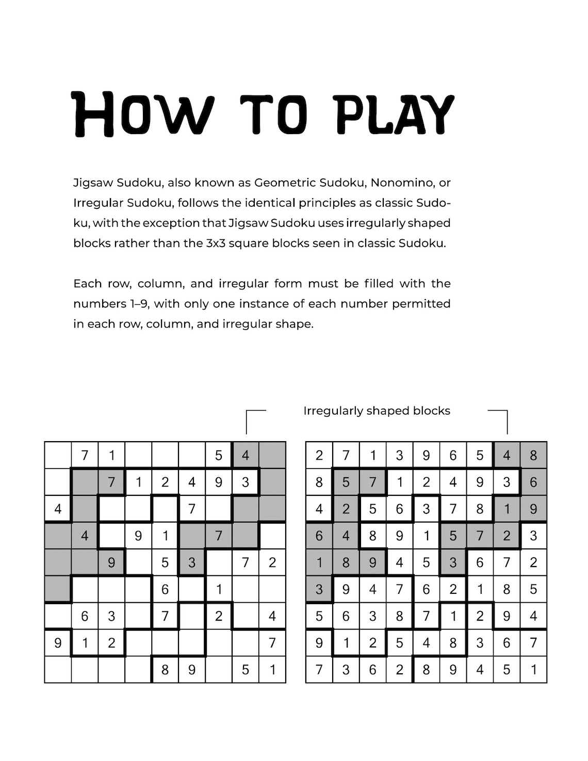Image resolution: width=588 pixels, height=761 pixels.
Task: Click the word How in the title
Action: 142,115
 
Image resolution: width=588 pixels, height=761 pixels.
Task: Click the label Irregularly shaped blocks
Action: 377,411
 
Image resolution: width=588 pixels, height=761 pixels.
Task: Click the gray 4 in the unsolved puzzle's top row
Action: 246,455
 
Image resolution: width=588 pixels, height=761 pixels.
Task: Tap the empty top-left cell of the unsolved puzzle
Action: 58,455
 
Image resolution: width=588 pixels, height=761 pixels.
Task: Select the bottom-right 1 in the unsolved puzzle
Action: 272,670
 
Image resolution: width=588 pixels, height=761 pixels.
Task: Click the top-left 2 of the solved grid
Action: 319,455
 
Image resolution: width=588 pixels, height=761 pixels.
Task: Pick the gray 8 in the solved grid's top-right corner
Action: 533,455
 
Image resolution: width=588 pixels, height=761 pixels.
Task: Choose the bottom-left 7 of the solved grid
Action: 319,670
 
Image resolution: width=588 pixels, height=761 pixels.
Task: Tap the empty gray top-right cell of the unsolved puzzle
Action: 272,455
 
